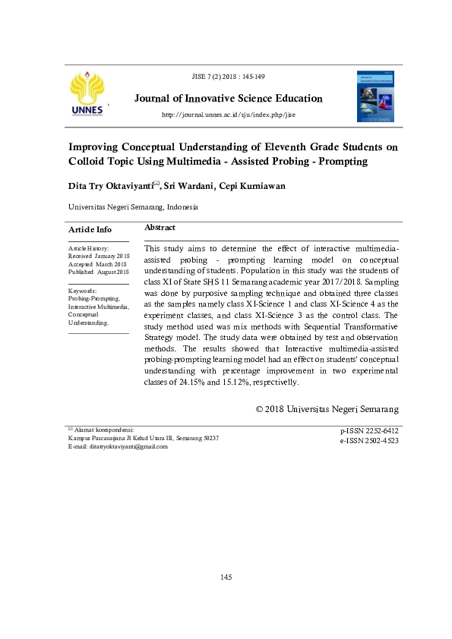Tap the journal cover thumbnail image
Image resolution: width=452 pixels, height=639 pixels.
[375, 96]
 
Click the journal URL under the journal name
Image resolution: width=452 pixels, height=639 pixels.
[229, 115]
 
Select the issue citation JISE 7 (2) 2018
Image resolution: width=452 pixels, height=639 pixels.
[229, 77]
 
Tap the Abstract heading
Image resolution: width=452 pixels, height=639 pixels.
[160, 228]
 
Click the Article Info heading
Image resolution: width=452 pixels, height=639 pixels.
[90, 229]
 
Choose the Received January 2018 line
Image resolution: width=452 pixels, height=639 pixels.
[99, 256]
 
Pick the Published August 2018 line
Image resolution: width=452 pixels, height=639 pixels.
[99, 271]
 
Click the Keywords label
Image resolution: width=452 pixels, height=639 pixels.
[82, 291]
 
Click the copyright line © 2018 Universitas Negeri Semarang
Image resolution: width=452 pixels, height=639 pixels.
[327, 409]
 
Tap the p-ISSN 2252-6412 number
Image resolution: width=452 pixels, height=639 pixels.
[370, 431]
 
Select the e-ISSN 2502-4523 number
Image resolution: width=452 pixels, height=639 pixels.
[370, 440]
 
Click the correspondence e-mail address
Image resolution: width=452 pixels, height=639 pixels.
[131, 447]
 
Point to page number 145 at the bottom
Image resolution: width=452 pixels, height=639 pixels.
[226, 578]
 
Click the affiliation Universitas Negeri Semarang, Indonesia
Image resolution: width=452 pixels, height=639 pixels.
[133, 206]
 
